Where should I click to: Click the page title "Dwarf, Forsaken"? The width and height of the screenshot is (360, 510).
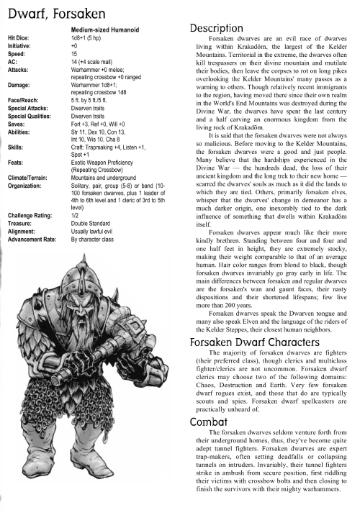coord(52,11)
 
